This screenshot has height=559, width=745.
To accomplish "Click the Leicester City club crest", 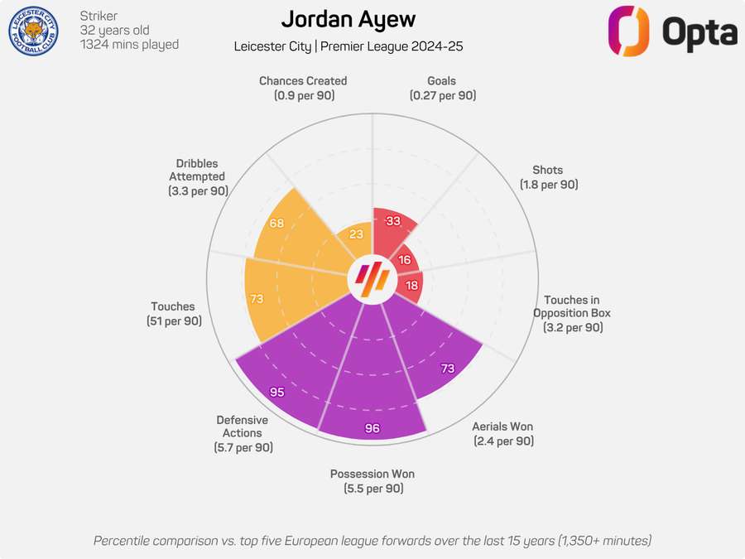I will click(33, 31).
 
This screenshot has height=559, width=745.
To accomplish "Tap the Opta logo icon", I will click(629, 31).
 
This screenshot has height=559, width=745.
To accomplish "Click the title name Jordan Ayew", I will click(348, 19).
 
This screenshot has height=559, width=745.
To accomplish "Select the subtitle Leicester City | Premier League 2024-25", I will click(348, 46).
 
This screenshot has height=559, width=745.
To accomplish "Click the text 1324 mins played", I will click(130, 45).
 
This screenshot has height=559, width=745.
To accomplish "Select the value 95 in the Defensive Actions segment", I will click(276, 392).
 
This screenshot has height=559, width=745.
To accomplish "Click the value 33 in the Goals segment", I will click(393, 221).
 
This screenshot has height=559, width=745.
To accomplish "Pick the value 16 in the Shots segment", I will click(405, 259).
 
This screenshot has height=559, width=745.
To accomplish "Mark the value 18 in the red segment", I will click(411, 286).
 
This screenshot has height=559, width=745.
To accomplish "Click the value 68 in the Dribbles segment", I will click(276, 224).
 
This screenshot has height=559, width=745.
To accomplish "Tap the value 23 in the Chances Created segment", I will click(356, 234).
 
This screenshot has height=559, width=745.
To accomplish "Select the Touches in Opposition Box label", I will click(573, 314).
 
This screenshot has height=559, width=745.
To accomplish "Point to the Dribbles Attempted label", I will click(198, 176).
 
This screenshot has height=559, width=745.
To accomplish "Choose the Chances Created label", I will click(303, 88).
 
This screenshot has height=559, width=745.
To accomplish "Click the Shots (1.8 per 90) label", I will click(549, 177).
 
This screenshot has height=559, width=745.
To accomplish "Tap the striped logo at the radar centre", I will click(372, 280).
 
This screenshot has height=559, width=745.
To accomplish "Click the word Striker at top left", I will click(99, 16).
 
